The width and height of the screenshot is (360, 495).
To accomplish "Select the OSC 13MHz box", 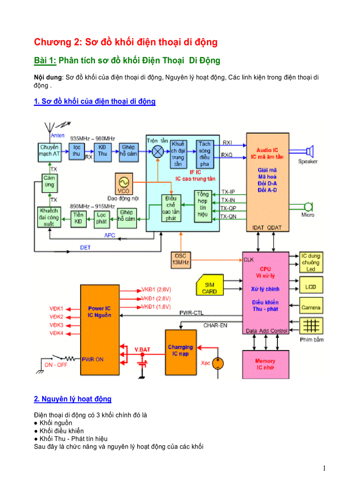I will click(180, 259).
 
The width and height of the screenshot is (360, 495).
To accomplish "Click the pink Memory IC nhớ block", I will click(266, 364).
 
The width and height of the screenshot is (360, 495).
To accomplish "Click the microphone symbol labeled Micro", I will click(308, 207).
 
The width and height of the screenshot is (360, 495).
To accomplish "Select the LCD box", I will click(311, 287).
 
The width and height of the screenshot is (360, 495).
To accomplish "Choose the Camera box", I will click(311, 307).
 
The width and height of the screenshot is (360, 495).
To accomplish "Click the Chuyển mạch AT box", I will click(49, 151).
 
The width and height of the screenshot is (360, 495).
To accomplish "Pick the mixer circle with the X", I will click(157, 153).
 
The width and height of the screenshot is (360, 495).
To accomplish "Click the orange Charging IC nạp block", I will click(180, 350).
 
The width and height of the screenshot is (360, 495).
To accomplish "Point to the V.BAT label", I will click(142, 349).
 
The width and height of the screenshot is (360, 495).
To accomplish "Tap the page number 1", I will click(324, 468).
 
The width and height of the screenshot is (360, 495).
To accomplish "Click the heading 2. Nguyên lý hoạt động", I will click(73, 399).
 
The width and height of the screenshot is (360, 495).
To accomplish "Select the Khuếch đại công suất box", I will click(49, 217).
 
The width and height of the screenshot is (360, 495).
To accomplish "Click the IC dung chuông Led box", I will click(311, 262).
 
